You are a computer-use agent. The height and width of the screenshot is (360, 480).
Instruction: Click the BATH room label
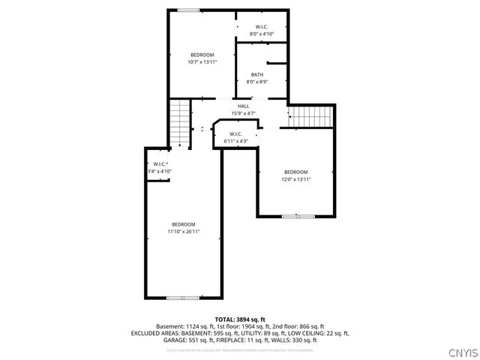(257, 74)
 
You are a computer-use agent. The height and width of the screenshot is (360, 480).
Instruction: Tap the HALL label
(244, 106)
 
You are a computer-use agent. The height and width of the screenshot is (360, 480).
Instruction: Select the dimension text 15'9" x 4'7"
(244, 113)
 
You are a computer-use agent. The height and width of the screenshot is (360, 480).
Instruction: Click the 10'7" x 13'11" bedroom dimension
(202, 62)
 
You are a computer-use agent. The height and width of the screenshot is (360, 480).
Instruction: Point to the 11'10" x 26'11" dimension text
(183, 232)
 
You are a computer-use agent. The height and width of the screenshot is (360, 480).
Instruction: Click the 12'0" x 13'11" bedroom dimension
(295, 179)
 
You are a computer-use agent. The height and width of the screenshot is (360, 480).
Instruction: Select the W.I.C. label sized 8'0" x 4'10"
(262, 27)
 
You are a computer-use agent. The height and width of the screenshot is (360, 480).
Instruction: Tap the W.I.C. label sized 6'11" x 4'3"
(235, 134)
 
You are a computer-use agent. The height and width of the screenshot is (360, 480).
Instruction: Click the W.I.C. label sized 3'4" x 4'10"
(160, 164)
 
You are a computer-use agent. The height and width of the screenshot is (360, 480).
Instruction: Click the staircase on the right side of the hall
(310, 117)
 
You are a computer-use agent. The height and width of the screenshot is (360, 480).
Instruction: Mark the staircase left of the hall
(180, 124)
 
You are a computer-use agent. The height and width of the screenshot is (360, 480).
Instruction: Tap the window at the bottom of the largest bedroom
(182, 298)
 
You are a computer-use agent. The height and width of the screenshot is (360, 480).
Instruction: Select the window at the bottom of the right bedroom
(295, 217)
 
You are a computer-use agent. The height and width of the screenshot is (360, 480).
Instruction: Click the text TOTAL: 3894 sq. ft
(240, 319)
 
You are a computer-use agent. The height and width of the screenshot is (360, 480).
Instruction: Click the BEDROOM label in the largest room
(183, 225)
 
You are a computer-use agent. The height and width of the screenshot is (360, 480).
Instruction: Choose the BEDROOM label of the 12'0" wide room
(295, 172)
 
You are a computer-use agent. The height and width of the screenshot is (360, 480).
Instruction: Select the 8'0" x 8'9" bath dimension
(257, 82)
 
